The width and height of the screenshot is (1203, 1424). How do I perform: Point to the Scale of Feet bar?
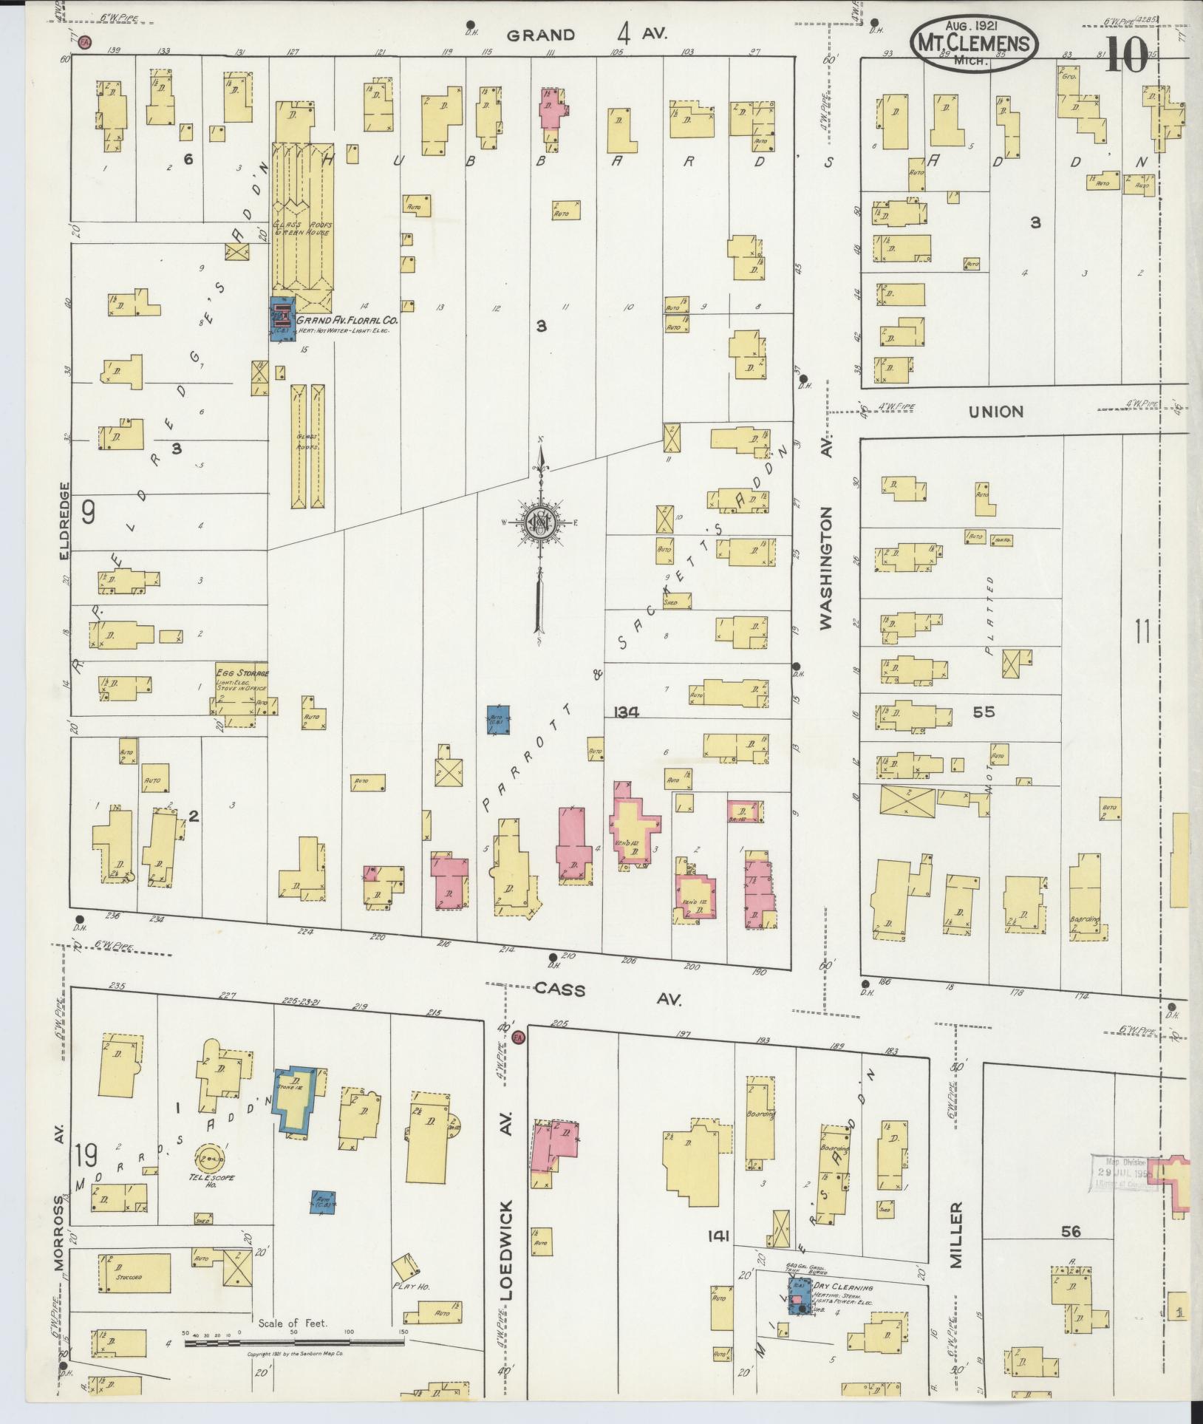point(296,1343)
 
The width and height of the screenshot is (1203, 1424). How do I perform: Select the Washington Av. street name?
point(826,568)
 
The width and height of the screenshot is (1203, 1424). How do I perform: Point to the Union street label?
point(996,412)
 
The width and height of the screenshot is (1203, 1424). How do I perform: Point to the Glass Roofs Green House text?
point(303,228)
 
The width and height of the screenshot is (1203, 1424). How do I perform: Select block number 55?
point(984,712)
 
